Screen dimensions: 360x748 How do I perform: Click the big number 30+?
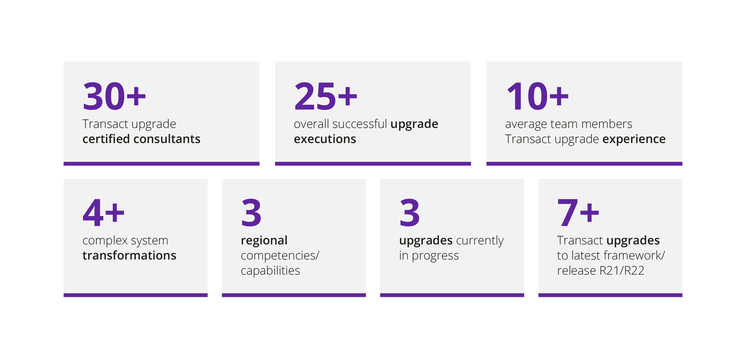tap(114, 96)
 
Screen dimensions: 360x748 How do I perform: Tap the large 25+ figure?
tap(325, 96)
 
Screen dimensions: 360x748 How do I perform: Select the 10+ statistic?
tap(537, 96)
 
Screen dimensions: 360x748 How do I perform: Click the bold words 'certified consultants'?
tap(141, 139)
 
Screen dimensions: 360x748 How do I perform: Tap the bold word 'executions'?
tap(325, 139)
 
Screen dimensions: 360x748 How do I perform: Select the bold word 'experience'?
tap(634, 139)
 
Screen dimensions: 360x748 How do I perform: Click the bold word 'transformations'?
tap(129, 256)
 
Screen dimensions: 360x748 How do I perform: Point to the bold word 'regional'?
tap(264, 241)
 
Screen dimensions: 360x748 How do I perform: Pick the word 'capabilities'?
tap(270, 271)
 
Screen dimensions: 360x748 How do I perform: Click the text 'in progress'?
tap(429, 256)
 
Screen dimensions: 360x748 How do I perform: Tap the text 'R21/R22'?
tap(622, 271)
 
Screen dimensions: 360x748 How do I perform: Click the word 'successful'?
tap(360, 124)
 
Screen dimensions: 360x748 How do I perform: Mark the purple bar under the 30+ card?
tap(161, 164)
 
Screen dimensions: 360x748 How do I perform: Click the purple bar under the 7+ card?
tap(610, 295)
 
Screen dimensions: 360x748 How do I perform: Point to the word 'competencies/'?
tap(280, 256)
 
